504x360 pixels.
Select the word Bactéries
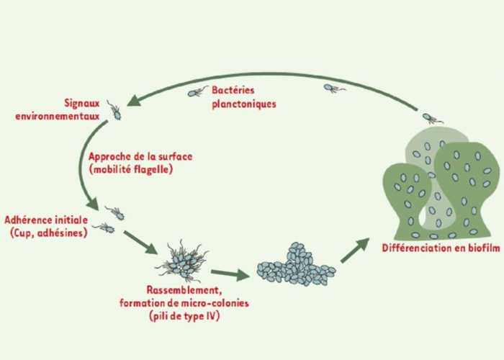[x=238, y=91]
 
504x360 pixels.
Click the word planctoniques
[x=244, y=103]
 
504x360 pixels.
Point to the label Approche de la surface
[x=140, y=156]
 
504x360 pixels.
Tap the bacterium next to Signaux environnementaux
[x=115, y=111]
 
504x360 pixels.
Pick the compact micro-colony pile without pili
[x=295, y=264]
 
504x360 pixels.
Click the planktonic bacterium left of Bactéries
[x=198, y=91]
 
